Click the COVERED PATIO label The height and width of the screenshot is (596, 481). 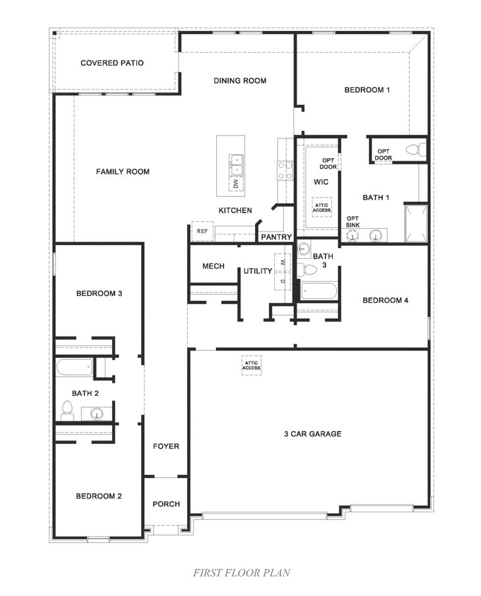(x=112, y=63)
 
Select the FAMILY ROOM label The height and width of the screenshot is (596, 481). (x=123, y=172)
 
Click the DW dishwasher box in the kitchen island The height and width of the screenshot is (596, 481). (x=236, y=184)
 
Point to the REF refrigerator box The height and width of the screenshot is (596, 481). (x=201, y=231)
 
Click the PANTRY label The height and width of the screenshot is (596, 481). (x=277, y=237)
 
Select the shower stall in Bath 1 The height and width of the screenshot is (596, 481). (x=416, y=223)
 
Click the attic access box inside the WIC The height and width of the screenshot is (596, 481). (x=322, y=208)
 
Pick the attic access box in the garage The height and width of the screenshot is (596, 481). (x=251, y=365)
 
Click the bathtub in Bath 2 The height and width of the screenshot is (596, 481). (x=74, y=367)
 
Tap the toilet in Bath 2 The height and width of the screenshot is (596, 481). (x=67, y=412)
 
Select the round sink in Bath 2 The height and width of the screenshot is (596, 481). (x=97, y=414)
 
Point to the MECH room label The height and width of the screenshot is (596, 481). (x=213, y=266)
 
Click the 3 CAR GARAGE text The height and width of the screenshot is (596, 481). (x=312, y=434)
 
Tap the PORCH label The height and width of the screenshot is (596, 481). (x=166, y=504)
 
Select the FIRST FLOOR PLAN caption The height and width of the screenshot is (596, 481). (x=241, y=573)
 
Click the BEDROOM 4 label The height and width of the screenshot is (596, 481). (x=385, y=300)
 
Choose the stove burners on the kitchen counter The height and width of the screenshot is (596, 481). (x=285, y=171)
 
